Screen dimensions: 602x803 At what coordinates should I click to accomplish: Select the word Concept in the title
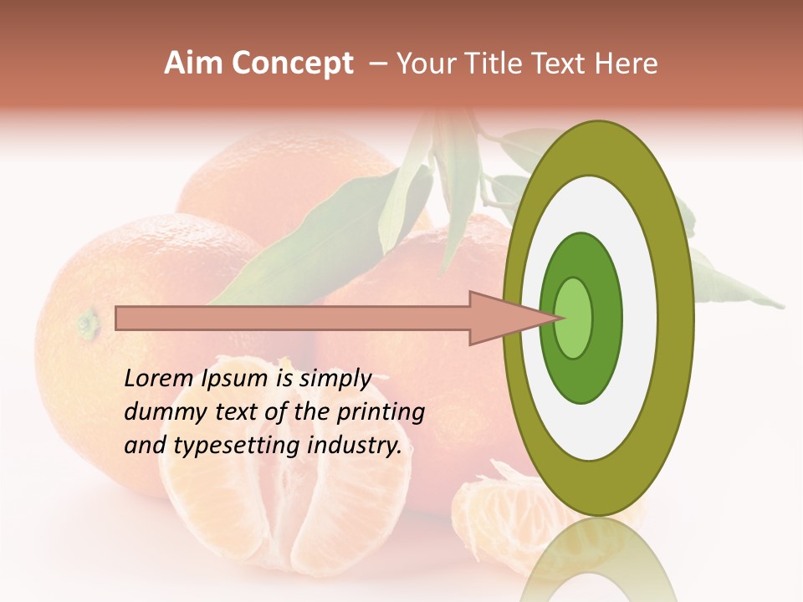coord(291,64)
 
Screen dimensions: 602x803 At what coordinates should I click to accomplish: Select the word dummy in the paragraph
coord(161,412)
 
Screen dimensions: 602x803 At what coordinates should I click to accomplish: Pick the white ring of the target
coord(644,318)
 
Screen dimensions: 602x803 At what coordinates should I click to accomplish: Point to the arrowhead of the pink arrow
coord(510,318)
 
